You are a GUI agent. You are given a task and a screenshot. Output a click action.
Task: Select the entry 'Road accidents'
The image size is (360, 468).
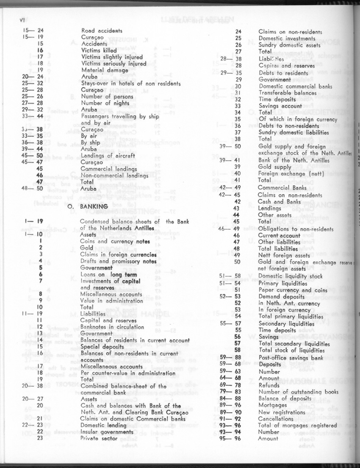102,31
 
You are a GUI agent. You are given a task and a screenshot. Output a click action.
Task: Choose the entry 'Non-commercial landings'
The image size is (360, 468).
114,175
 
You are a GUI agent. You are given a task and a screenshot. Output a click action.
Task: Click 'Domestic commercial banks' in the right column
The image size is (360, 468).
295,86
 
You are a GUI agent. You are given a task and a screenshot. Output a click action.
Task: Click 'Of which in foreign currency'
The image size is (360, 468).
298,120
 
